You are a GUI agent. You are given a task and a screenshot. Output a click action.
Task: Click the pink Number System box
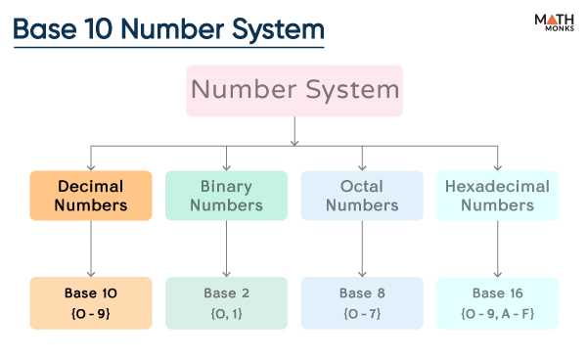294,91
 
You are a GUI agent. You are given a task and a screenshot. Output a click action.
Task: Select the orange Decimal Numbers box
91,196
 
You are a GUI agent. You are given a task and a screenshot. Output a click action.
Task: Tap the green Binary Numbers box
227,196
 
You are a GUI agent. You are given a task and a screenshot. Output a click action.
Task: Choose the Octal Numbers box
362,196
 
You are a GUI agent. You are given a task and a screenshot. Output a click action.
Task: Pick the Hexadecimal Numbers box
498,196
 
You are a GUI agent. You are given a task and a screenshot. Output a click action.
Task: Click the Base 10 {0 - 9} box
91,303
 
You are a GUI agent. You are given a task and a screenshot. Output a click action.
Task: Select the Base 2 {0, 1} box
227,303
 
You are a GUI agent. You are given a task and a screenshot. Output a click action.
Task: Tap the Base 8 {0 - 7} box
362,303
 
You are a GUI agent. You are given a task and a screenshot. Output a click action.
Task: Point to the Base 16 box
498,303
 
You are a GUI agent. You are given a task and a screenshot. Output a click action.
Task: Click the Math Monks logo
555,22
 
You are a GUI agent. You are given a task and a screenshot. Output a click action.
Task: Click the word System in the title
278,30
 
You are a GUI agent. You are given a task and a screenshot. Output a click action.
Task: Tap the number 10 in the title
99,28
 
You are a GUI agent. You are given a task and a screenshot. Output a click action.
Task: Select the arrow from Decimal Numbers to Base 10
91,248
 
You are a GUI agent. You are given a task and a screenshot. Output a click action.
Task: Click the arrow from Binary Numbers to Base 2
227,248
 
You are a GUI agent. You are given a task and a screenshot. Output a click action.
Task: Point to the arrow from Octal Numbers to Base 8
362,248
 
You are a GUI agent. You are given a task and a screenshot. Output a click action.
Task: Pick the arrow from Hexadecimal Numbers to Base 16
498,248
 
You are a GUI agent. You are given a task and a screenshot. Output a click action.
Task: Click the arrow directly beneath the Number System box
294,131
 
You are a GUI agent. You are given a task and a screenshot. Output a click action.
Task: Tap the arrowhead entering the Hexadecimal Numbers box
498,167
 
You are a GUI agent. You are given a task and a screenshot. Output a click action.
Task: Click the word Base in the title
45,28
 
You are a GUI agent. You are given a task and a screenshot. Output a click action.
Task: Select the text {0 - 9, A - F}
498,314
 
